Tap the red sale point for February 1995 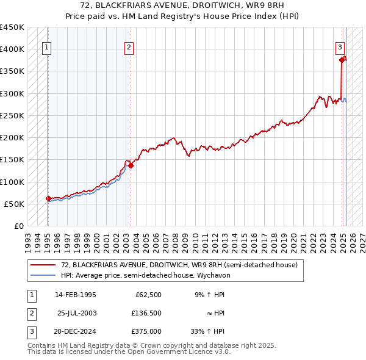(x=48, y=198)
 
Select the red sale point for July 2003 (x=131, y=165)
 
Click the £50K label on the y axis (x=14, y=204)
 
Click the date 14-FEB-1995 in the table (x=76, y=295)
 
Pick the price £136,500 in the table (x=146, y=313)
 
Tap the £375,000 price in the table (x=146, y=331)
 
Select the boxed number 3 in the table (x=31, y=331)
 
